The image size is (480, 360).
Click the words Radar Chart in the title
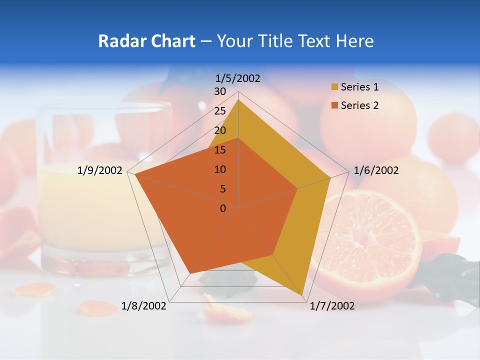click(146, 41)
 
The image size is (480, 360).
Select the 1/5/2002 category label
click(238, 78)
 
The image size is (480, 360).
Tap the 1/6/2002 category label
click(376, 170)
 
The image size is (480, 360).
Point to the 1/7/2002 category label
click(332, 306)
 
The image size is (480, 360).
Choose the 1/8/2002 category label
click(144, 306)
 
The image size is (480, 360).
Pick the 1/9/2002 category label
click(100, 170)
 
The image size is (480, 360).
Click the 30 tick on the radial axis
click(220, 91)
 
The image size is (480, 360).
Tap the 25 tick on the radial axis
click(220, 111)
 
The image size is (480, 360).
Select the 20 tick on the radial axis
click(220, 130)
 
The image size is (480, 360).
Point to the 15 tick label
click(220, 150)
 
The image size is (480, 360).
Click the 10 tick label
click(220, 169)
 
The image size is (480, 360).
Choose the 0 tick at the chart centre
click(223, 208)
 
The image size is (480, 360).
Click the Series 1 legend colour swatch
click(334, 87)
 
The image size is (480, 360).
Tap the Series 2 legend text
click(359, 105)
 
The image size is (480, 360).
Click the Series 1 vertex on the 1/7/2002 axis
click(302, 295)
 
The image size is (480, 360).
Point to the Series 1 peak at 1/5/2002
click(238, 99)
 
